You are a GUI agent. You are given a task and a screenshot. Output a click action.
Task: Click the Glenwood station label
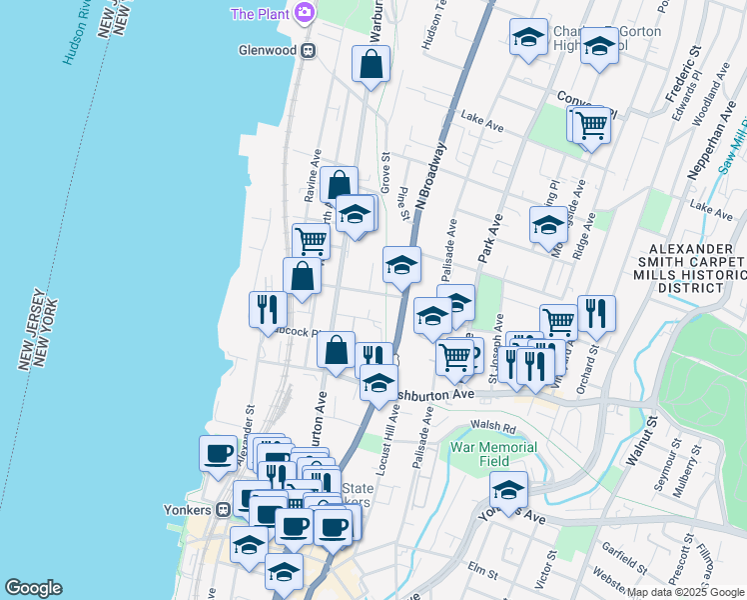click(269, 49)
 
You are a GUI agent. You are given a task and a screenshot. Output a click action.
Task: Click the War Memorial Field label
click(495, 455)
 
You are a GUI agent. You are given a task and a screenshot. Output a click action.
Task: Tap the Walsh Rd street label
click(496, 427)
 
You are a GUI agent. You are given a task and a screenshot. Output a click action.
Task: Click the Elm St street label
click(482, 571)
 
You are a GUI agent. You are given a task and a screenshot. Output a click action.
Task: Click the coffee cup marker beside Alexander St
click(219, 454)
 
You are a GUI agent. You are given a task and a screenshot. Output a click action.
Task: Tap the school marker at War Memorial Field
click(508, 491)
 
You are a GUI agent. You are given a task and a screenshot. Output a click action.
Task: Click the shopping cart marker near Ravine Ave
click(311, 240)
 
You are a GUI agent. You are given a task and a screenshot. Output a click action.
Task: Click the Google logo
click(34, 588)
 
